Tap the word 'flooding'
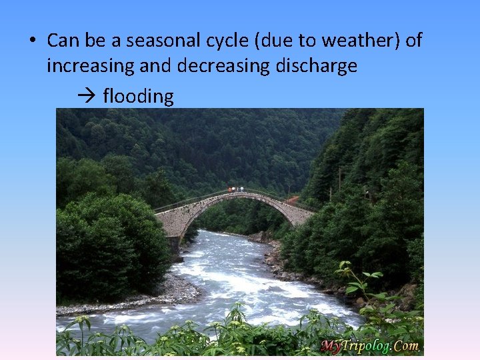click(x=139, y=96)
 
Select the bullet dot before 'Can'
click(x=31, y=41)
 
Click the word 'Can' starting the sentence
click(x=63, y=41)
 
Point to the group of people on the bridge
click(x=235, y=189)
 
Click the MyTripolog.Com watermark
click(x=371, y=345)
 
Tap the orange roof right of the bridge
click(x=291, y=199)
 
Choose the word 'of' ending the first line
click(x=413, y=41)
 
